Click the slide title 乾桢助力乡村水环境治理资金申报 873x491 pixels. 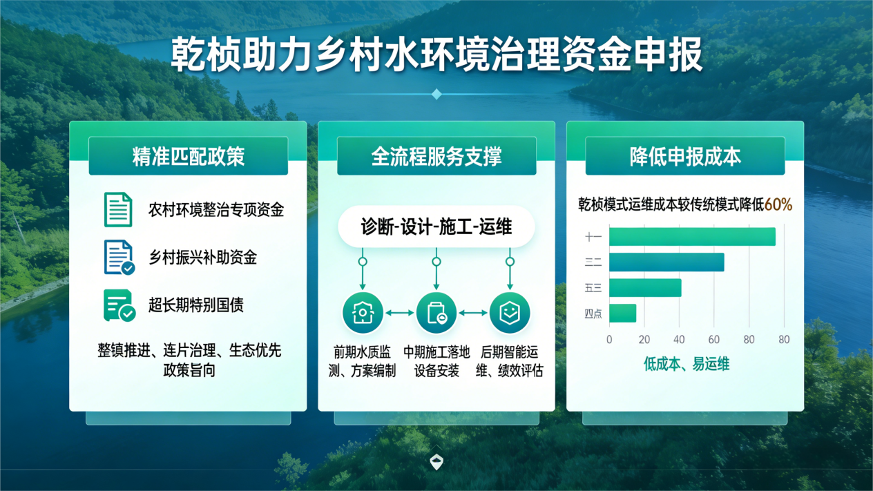click(436, 55)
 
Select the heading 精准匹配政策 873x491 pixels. click(188, 157)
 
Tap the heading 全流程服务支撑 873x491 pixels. click(436, 157)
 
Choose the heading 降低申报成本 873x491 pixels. click(685, 157)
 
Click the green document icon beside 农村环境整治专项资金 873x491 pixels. click(118, 209)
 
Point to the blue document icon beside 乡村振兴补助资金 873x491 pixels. click(119, 258)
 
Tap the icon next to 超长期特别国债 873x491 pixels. click(119, 305)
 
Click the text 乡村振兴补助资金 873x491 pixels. click(203, 258)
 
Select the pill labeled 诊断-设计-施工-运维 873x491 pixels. click(436, 227)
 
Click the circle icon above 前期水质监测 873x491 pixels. click(363, 313)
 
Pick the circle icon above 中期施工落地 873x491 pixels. click(436, 313)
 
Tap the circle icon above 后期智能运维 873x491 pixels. click(510, 313)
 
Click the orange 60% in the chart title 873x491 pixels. click(778, 204)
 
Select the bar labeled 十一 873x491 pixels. click(692, 237)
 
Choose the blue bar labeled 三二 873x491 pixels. click(666, 262)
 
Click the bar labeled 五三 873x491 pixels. click(645, 288)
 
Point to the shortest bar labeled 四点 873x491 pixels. click(622, 314)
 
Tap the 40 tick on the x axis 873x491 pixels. click(679, 340)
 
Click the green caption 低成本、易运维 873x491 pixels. click(687, 364)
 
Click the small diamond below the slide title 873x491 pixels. click(436, 94)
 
